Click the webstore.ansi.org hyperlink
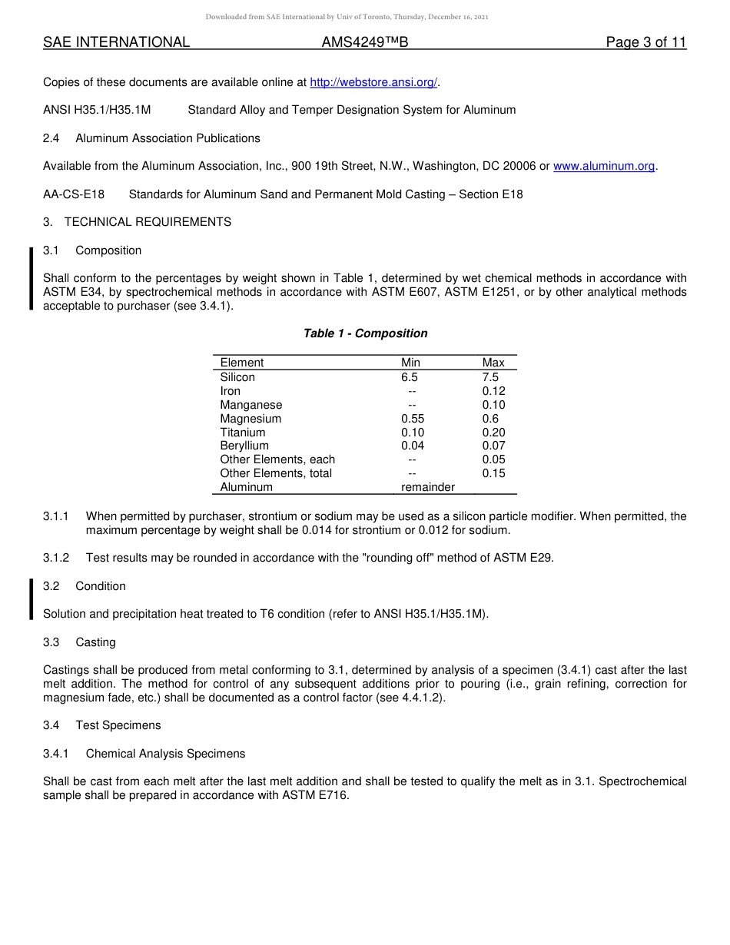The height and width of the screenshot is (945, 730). (373, 82)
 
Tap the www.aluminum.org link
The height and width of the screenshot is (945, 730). (604, 166)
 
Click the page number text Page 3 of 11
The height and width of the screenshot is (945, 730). (645, 43)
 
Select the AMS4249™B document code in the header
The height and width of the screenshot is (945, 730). (365, 43)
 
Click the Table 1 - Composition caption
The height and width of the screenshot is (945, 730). (365, 333)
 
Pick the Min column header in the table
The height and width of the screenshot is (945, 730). (410, 363)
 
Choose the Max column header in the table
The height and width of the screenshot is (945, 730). (493, 363)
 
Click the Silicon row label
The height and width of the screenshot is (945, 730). (237, 377)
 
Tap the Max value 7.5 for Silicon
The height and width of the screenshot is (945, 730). (490, 377)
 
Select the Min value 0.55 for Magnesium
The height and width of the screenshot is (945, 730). (413, 419)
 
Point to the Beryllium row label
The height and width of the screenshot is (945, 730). (244, 446)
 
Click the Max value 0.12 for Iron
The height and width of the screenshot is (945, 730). (493, 391)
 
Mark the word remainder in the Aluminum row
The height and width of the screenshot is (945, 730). (428, 487)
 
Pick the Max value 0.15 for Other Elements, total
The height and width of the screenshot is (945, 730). (493, 473)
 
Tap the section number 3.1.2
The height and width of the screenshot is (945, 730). (56, 558)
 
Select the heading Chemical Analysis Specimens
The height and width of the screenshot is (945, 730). (165, 754)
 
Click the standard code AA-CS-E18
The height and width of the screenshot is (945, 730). (74, 194)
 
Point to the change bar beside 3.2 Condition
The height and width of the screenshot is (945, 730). (32, 599)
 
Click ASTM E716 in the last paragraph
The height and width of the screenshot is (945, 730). (315, 795)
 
